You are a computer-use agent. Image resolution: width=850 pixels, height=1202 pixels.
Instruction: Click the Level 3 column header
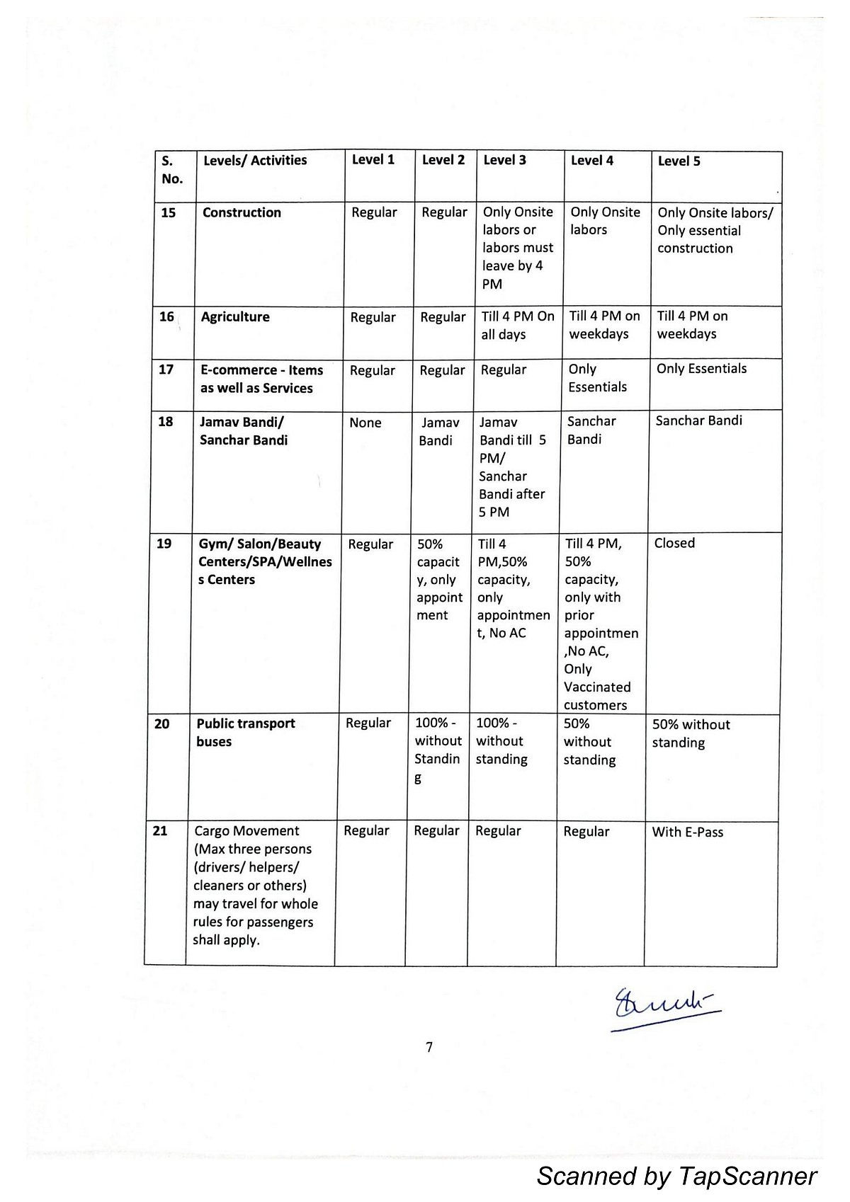pos(504,161)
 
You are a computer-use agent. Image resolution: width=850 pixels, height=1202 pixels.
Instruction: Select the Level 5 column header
pos(679,161)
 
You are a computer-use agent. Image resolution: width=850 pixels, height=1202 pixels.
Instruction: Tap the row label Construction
pos(242,213)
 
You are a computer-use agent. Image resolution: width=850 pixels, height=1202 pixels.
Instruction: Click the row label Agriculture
pos(235,317)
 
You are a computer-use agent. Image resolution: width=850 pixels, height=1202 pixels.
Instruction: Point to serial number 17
pos(166,370)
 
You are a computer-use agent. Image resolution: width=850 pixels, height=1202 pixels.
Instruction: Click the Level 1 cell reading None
pos(365,423)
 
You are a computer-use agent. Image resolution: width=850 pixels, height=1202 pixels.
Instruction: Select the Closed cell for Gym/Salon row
pos(674,544)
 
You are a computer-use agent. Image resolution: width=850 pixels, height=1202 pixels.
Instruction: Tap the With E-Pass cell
pos(687,832)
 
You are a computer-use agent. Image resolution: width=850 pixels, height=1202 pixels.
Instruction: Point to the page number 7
pos(429,1048)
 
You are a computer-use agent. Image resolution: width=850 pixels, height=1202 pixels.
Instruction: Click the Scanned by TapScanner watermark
pos(676,1176)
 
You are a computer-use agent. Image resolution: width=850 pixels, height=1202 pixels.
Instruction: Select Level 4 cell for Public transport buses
pos(589,742)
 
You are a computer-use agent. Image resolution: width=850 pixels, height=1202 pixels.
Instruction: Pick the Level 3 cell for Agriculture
pos(517,326)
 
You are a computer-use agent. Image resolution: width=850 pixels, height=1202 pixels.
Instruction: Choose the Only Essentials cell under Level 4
pos(597,378)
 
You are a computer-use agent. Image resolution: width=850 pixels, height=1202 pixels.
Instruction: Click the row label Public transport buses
pos(245,733)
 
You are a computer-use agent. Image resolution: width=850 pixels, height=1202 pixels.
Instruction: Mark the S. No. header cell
pos(172,170)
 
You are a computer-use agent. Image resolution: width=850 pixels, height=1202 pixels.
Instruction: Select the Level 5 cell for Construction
pos(715,231)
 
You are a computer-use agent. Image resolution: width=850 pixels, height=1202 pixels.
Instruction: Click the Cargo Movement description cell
pos(255,886)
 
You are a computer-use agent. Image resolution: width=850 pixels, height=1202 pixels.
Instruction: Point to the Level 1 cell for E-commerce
pos(373,371)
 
